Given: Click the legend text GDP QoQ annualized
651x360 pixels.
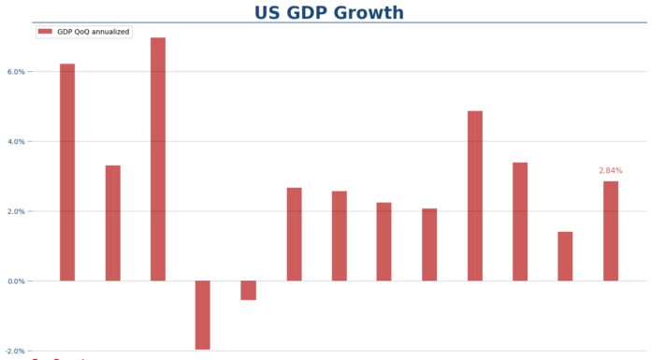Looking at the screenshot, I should [x=93, y=32].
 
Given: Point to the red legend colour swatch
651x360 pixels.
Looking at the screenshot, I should [x=46, y=32].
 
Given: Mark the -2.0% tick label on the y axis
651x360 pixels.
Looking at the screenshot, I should [x=14, y=351].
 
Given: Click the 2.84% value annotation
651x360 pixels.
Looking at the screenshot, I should [x=610, y=171].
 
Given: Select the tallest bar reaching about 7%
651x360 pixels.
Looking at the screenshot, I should [x=158, y=159].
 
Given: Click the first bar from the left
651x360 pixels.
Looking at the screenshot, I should [x=67, y=172].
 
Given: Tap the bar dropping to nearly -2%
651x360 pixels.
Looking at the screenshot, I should [x=203, y=315].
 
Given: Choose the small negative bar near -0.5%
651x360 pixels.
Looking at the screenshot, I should [x=248, y=290].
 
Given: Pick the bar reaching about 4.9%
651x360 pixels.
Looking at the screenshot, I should [x=475, y=195].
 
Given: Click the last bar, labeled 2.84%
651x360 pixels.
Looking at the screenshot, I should [x=611, y=231].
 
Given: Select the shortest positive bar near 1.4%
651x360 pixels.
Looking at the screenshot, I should [x=565, y=256].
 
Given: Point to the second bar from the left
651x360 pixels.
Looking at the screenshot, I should [x=113, y=223].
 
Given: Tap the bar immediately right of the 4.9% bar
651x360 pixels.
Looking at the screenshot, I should [x=520, y=222].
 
